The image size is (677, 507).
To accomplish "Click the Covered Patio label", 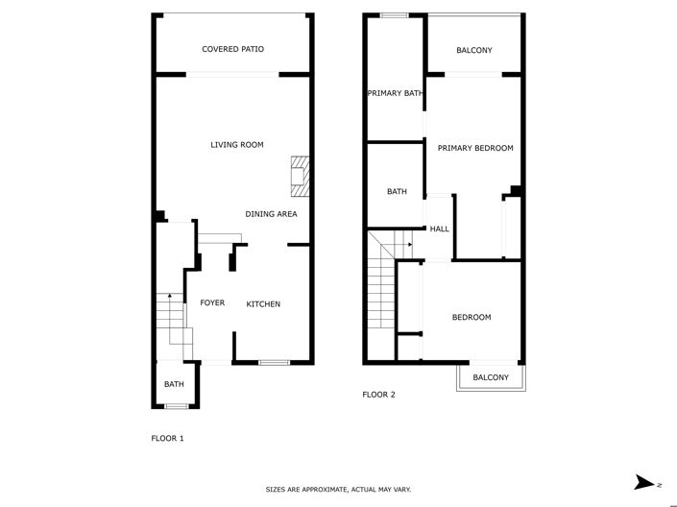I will pyautogui.click(x=232, y=49).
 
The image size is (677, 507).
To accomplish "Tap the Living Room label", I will pyautogui.click(x=237, y=145).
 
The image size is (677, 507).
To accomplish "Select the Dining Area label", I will pyautogui.click(x=270, y=214).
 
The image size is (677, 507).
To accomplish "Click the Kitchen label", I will pyautogui.click(x=263, y=304).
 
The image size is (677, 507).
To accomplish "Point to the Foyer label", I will pyautogui.click(x=212, y=303).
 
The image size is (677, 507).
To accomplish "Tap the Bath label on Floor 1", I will pyautogui.click(x=174, y=385).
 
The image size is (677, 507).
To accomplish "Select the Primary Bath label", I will pyautogui.click(x=394, y=93).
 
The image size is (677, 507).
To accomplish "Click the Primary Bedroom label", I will pyautogui.click(x=475, y=148).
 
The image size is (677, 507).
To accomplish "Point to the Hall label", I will pyautogui.click(x=440, y=229).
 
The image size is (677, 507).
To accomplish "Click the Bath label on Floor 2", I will pyautogui.click(x=397, y=192).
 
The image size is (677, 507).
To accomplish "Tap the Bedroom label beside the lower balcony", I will pyautogui.click(x=471, y=318).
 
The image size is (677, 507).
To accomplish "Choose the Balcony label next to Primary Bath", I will pyautogui.click(x=475, y=50).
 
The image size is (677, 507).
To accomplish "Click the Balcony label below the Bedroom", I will pyautogui.click(x=491, y=377).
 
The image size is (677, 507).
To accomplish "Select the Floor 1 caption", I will pyautogui.click(x=167, y=439).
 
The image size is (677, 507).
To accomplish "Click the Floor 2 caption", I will pyautogui.click(x=378, y=395).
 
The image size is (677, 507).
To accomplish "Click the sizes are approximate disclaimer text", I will pyautogui.click(x=338, y=490).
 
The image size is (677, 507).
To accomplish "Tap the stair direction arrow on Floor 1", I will pyautogui.click(x=170, y=298).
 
